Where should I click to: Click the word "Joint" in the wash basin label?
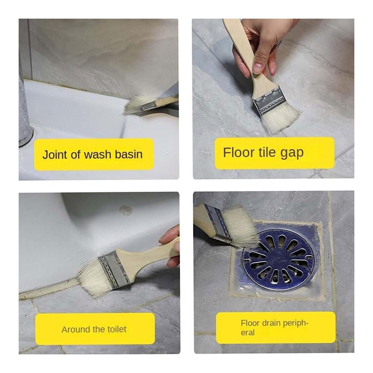(54, 154)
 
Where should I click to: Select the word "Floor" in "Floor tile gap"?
(239, 152)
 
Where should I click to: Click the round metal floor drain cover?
(279, 259)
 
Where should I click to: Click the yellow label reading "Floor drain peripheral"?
(276, 327)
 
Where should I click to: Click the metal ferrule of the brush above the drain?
(217, 223)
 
